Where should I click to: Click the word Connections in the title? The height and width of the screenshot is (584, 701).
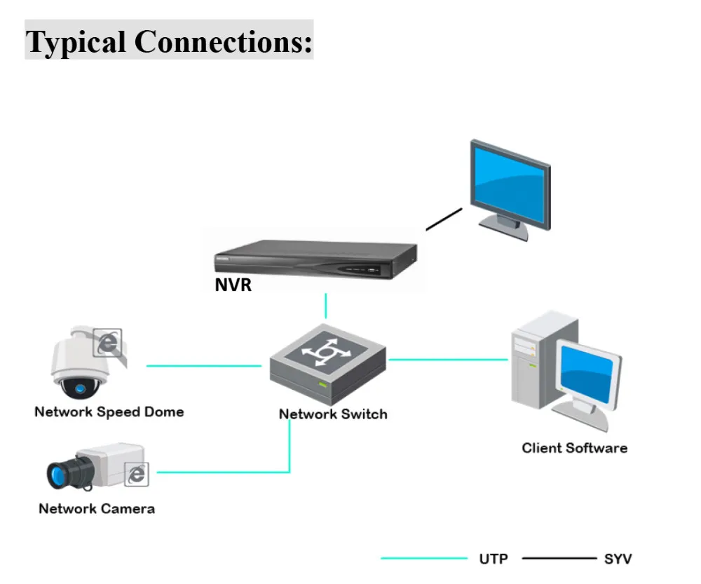pyautogui.click(x=223, y=41)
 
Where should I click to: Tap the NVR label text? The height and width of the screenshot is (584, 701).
pyautogui.click(x=233, y=285)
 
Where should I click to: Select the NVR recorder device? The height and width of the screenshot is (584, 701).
pyautogui.click(x=315, y=260)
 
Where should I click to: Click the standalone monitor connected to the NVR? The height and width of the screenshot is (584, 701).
pyautogui.click(x=510, y=184)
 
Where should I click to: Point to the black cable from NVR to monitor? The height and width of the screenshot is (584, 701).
pyautogui.click(x=444, y=219)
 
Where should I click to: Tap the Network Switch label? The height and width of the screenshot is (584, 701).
pyautogui.click(x=333, y=414)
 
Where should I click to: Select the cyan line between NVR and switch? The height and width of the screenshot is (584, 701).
pyautogui.click(x=326, y=306)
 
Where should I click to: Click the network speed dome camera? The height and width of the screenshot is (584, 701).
pyautogui.click(x=79, y=365)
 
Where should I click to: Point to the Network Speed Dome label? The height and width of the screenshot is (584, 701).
pyautogui.click(x=109, y=412)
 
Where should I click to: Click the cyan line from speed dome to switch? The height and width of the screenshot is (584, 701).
pyautogui.click(x=203, y=365)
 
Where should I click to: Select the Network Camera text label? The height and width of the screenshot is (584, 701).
pyautogui.click(x=97, y=508)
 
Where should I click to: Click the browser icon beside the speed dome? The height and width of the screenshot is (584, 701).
pyautogui.click(x=108, y=344)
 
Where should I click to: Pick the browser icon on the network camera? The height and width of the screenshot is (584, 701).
pyautogui.click(x=137, y=475)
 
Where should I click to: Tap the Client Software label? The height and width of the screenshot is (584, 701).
pyautogui.click(x=574, y=447)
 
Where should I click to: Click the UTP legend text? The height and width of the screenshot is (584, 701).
pyautogui.click(x=494, y=559)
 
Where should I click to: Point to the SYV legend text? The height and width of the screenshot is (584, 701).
pyautogui.click(x=617, y=559)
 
